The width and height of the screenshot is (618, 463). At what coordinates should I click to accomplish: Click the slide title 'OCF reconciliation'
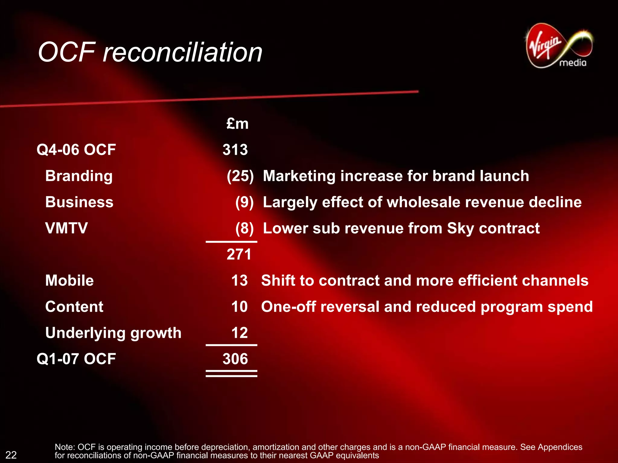coord(150,52)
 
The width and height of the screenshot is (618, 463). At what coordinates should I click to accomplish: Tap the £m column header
coord(237,124)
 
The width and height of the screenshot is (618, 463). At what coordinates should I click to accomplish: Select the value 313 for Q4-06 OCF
coord(235,150)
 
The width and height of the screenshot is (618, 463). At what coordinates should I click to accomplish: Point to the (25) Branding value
coord(240,176)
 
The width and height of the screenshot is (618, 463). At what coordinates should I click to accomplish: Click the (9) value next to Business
coord(244,202)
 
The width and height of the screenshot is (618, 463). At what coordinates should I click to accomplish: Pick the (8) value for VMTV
coord(244,228)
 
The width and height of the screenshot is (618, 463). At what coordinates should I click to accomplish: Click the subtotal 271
coord(239,254)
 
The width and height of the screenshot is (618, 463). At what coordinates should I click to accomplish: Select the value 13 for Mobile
coord(240,280)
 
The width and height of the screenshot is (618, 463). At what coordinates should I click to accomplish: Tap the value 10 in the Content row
coord(240,307)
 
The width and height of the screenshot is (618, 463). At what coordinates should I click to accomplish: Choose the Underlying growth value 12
coord(240,333)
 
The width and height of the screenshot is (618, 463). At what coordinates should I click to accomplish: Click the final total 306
coord(235,359)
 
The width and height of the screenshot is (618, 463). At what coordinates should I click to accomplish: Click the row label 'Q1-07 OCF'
coord(76,359)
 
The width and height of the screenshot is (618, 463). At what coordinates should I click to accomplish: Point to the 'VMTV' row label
coord(66,228)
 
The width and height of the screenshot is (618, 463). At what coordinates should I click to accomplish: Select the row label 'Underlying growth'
coord(113,333)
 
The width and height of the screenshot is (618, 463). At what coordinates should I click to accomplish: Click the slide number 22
coord(11,455)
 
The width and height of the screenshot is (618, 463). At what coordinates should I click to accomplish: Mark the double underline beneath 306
coord(231,373)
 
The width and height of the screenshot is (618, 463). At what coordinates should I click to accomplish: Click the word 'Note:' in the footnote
coord(65,447)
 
